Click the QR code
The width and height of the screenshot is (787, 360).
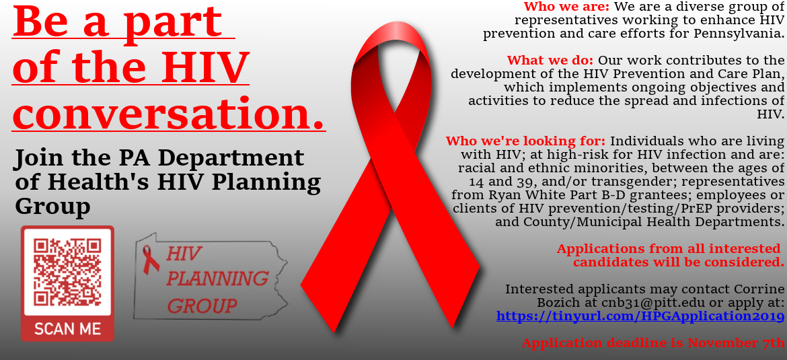point(67,273)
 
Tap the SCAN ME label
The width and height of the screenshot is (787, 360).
point(67,329)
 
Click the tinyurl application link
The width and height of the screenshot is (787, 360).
point(640,316)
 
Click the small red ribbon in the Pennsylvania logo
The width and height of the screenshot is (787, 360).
point(149,259)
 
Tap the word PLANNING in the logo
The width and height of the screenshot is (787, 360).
point(217,278)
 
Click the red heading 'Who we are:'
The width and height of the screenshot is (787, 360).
point(566,7)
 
